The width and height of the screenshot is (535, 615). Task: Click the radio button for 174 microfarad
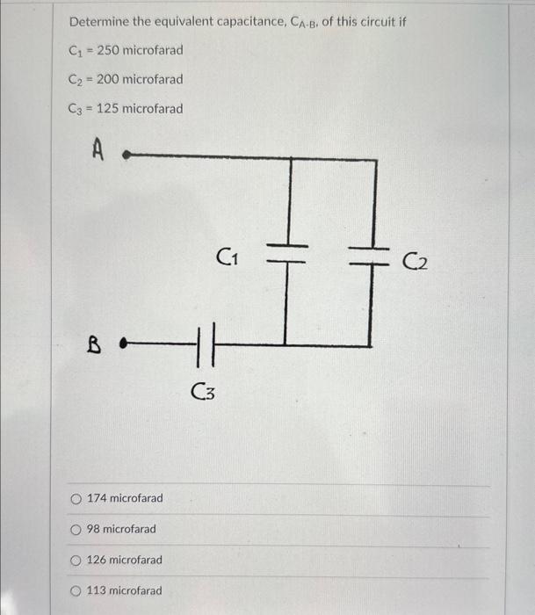point(79,499)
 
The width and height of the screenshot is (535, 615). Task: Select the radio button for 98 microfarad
point(79,530)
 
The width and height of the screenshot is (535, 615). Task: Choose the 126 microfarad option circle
point(79,561)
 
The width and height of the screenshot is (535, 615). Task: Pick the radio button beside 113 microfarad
point(79,591)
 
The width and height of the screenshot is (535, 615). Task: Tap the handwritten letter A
point(98,153)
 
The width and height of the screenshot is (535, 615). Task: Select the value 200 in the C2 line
point(107,79)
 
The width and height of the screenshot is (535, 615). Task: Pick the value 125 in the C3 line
point(107,109)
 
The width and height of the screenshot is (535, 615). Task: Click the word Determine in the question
point(98,20)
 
